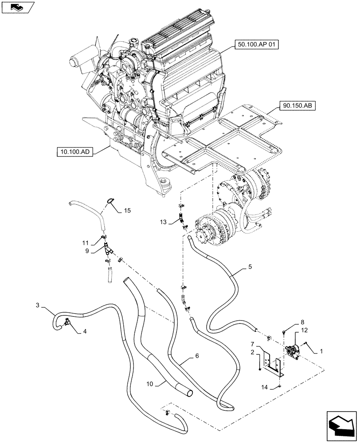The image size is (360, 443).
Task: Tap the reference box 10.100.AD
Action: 74,152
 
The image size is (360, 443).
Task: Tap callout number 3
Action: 38,306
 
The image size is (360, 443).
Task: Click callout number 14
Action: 264,387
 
